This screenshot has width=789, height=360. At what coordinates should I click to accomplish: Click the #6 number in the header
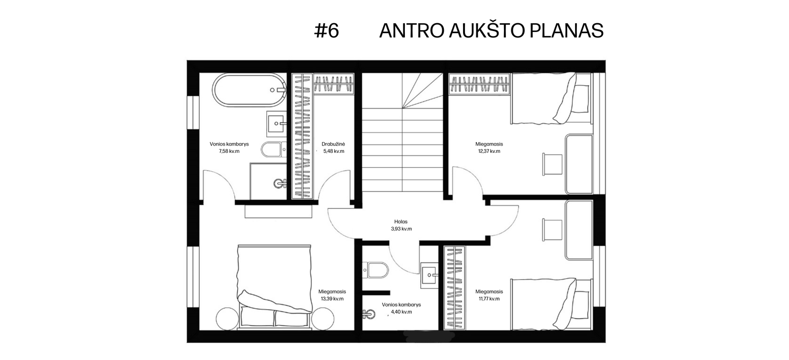tap(326, 31)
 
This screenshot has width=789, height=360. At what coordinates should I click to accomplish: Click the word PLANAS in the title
tap(567, 31)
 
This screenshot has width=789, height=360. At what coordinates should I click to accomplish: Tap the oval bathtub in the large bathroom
tap(250, 89)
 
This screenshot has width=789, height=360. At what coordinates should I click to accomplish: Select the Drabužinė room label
tap(333, 144)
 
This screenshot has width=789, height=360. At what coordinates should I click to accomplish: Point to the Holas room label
tap(401, 221)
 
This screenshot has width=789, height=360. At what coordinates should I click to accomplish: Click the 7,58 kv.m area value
tap(229, 151)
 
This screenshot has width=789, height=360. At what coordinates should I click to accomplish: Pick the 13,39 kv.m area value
tap(332, 299)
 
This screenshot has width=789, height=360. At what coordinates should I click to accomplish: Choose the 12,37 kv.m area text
tap(489, 151)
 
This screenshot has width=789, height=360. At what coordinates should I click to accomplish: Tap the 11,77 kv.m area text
tap(489, 299)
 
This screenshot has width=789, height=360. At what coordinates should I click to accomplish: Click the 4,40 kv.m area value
tap(401, 312)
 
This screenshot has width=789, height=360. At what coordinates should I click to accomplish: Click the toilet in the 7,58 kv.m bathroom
tap(274, 149)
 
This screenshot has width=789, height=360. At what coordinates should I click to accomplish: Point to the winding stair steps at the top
tap(422, 90)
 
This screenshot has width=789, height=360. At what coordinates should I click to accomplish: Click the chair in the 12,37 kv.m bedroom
tap(552, 164)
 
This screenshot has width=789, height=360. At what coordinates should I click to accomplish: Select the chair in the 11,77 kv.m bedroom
tap(552, 230)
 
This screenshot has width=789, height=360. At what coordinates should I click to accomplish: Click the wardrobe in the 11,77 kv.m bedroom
tap(454, 288)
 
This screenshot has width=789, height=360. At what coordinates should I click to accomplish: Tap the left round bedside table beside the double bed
tap(227, 319)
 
